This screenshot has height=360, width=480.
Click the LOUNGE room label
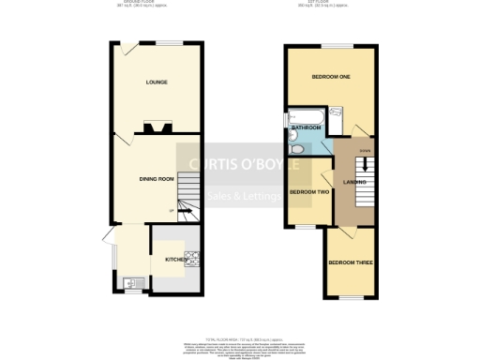[157, 82]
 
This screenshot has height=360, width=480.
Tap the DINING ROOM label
[157, 178]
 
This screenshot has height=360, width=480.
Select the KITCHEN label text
[176, 259]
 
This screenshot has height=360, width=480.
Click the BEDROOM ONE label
[330, 77]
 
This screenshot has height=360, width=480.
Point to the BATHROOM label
[306, 127]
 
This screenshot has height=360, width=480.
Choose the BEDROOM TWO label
[308, 192]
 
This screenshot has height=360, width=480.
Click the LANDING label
[354, 181]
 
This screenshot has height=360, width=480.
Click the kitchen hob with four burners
[193, 260]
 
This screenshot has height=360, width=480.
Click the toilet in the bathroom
[296, 147]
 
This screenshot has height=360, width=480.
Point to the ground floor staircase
[187, 198]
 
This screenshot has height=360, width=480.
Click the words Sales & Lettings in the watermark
[240, 196]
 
